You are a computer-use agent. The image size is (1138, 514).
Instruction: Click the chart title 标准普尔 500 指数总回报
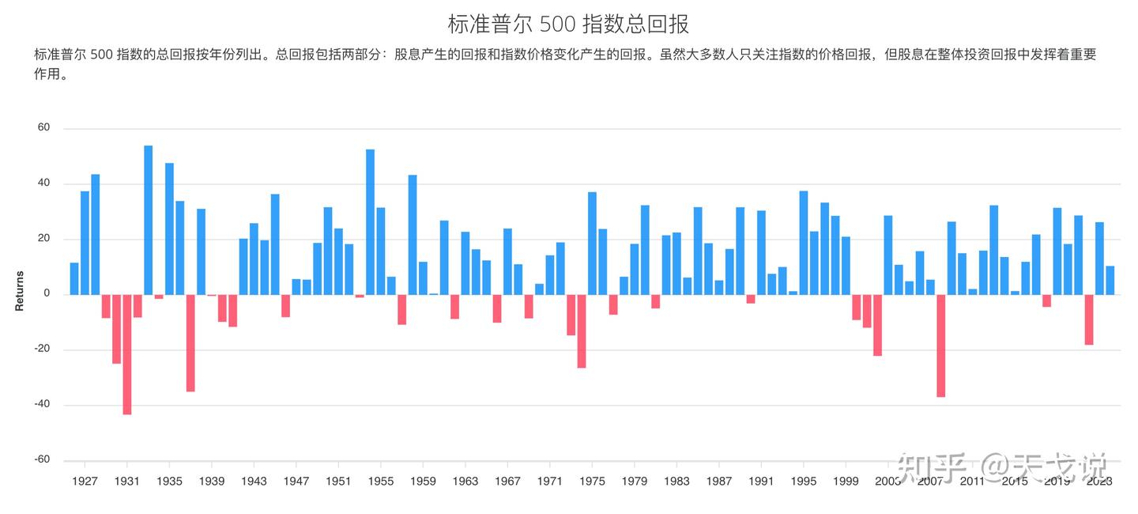(568, 24)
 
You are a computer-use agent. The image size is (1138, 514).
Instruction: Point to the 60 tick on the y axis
(43, 128)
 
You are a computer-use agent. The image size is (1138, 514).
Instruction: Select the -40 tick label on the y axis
(41, 405)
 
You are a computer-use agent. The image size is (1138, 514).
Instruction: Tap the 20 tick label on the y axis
(43, 239)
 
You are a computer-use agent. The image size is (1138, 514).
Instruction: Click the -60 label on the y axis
(41, 460)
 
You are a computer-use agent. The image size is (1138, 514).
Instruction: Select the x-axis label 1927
(85, 481)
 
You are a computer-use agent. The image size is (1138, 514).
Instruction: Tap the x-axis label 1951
(338, 481)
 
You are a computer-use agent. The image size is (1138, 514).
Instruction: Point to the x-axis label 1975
(592, 481)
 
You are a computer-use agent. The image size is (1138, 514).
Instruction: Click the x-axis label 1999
(846, 481)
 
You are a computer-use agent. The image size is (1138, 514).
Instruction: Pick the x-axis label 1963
(465, 481)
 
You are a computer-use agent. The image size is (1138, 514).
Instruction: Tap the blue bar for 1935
(169, 229)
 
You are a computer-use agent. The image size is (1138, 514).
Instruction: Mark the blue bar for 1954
(370, 221)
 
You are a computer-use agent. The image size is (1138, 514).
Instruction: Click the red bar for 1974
(582, 331)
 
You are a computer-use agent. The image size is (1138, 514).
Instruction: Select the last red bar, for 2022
(1089, 319)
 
